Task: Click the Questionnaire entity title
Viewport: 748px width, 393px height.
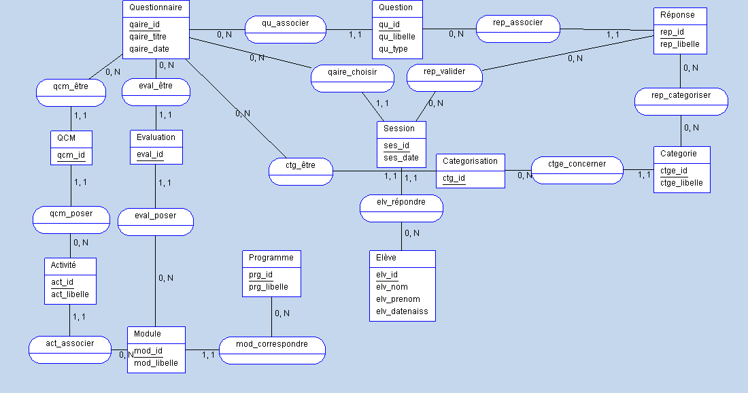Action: tap(155, 7)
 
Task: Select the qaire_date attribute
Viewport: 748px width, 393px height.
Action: tap(149, 49)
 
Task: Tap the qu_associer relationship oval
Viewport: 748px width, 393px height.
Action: tap(285, 23)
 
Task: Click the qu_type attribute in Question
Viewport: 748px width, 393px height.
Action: tap(393, 49)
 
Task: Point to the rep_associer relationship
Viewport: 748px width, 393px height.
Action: tap(518, 23)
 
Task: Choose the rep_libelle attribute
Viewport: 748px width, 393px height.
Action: tap(679, 45)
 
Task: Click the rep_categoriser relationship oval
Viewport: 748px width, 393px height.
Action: tap(681, 96)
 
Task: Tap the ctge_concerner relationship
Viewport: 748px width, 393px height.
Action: tap(577, 164)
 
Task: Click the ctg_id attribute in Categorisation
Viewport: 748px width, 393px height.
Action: tap(454, 178)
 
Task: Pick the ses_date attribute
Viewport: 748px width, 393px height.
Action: tap(401, 158)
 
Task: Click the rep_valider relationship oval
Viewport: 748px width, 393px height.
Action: tap(444, 71)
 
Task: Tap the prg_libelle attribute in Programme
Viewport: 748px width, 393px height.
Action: tap(268, 287)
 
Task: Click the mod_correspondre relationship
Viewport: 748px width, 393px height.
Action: tap(272, 344)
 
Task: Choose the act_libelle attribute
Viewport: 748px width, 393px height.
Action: tap(70, 294)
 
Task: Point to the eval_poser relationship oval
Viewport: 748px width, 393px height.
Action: tap(156, 216)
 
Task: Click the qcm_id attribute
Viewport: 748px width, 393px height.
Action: tap(71, 155)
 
